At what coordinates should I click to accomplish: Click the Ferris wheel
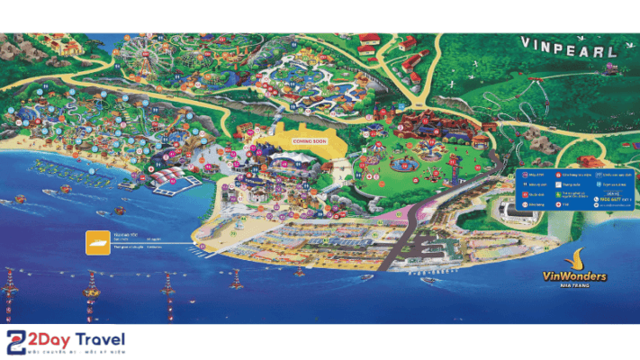pos(142,57)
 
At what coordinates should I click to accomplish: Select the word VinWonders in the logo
pos(575,276)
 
